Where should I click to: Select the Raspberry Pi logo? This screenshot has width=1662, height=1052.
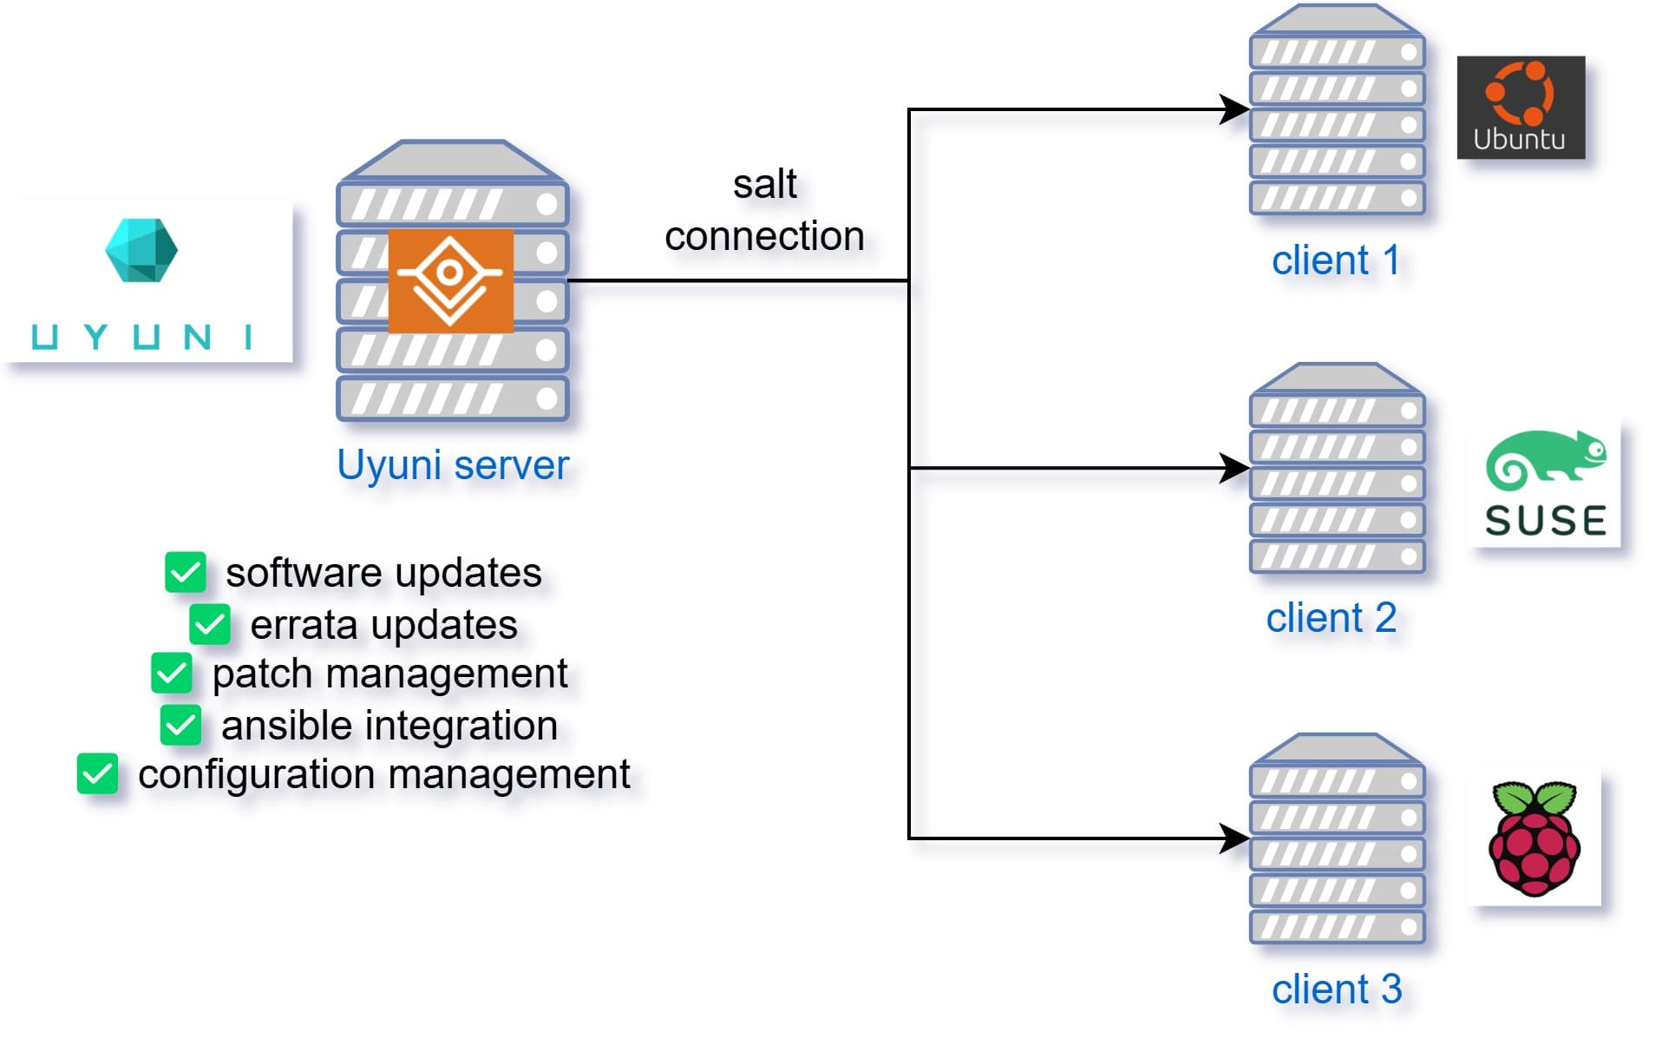coord(1534,838)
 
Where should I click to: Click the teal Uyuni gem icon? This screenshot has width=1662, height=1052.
coord(141,250)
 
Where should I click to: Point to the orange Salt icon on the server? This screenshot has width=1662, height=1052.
coord(450,280)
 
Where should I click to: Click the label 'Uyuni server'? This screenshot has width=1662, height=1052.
coord(453,464)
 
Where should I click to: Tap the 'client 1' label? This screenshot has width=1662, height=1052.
coord(1335,260)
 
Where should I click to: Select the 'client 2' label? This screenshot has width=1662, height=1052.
coord(1331,618)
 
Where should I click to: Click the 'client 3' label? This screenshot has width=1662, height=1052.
coord(1336,989)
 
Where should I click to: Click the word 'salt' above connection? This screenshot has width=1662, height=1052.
coord(764,184)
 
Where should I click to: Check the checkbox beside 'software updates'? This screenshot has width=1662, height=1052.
coord(185,572)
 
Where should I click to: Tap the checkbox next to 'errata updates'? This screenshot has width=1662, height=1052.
coord(209,624)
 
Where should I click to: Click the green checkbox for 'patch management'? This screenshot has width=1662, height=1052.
coord(171,674)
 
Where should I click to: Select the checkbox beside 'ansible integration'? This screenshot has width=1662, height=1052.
coord(180,725)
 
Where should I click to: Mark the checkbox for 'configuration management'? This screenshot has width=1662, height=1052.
coord(97,773)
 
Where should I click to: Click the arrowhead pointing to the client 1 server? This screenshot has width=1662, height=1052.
coord(1233,109)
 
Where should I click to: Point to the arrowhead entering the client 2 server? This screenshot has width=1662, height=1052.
coord(1233,468)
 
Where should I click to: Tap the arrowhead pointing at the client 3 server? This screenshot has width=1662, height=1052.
coord(1233,838)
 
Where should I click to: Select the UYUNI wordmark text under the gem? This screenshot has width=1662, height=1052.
coord(141,337)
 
